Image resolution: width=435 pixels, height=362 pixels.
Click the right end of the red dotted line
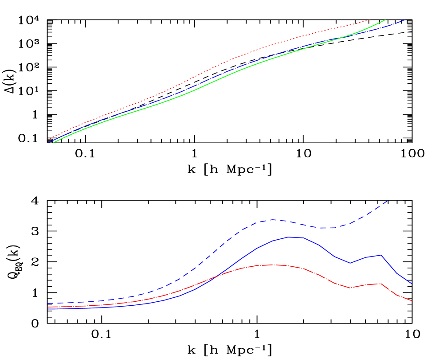(x=370, y=20)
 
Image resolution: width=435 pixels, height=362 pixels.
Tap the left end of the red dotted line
(x=48, y=140)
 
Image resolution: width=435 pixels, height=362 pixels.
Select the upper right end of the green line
(x=385, y=20)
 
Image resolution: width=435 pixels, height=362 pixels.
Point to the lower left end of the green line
(x=54, y=143)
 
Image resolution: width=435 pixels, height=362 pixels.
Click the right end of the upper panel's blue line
(x=405, y=20)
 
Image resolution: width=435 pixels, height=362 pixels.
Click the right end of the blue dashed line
(x=388, y=201)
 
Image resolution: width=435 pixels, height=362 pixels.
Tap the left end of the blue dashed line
(x=48, y=304)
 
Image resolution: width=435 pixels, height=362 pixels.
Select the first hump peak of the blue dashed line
(x=272, y=219)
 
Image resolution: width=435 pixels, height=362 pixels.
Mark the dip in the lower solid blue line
(x=350, y=263)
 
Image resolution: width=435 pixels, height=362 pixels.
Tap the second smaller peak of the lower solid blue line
(x=381, y=255)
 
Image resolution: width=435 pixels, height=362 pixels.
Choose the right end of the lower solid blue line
(x=412, y=284)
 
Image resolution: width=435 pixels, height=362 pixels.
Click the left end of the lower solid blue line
(x=48, y=309)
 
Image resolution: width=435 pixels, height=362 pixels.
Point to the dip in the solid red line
(x=350, y=288)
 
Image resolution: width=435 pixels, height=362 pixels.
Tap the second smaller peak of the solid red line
(x=380, y=283)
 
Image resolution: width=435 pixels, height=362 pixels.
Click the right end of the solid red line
(x=412, y=301)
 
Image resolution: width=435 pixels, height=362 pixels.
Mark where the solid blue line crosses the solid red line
(x=215, y=277)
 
